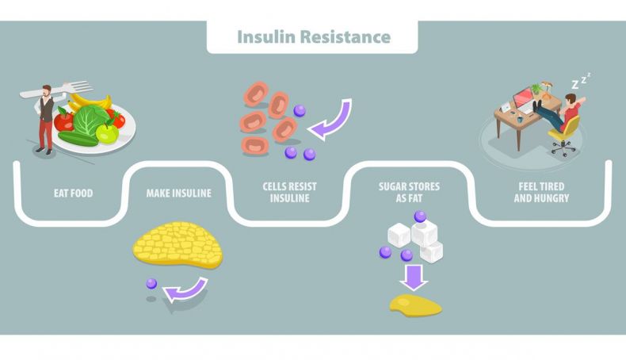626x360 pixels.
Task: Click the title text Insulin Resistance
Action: tap(314, 36)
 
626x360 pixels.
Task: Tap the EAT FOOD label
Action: tap(74, 193)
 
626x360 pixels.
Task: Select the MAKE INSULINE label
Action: tap(179, 193)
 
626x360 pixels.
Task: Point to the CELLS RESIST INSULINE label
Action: tap(290, 192)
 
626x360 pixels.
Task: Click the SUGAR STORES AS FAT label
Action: tap(409, 192)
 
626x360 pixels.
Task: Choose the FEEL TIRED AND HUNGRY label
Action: tap(541, 192)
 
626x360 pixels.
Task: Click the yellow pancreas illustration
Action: tap(178, 244)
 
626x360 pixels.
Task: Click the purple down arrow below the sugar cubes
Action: tap(414, 278)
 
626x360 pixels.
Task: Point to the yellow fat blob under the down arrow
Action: tap(415, 305)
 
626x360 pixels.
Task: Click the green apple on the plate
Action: tap(108, 132)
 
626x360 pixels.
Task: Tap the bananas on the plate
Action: tap(90, 102)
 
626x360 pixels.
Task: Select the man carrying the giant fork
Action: tap(45, 119)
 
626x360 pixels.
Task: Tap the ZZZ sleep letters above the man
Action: tap(581, 80)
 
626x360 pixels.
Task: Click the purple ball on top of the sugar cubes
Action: tap(420, 216)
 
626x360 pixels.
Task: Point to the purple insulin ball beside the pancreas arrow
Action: tap(151, 283)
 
